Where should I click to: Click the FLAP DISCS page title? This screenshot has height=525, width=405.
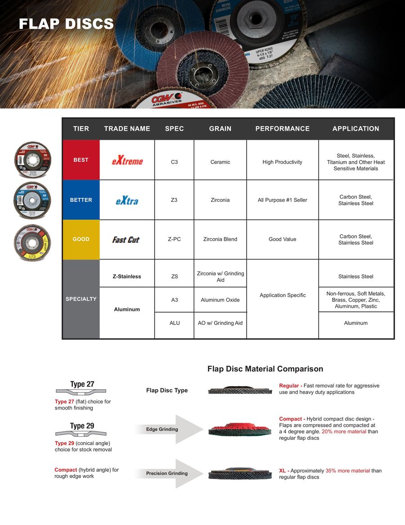click(x=66, y=24)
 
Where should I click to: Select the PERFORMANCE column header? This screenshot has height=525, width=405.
click(x=282, y=128)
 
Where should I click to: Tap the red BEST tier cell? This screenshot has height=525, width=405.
click(x=81, y=160)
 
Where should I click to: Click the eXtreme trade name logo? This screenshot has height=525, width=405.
click(x=127, y=160)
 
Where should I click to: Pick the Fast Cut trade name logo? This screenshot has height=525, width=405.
click(x=126, y=240)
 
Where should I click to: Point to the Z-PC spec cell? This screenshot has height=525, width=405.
click(x=174, y=239)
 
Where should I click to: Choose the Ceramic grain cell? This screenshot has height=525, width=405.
click(x=220, y=162)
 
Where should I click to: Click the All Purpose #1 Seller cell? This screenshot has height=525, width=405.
click(x=282, y=200)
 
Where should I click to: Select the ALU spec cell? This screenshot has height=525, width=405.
click(x=174, y=323)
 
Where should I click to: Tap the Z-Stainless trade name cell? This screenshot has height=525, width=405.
click(x=127, y=276)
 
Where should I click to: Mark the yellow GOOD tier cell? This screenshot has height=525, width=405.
click(x=81, y=239)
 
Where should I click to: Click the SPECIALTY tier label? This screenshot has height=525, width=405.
click(x=81, y=299)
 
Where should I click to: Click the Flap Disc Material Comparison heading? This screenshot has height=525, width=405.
click(x=265, y=369)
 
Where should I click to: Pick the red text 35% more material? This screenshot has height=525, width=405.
click(x=347, y=471)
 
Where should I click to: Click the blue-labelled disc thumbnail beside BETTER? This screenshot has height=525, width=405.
click(x=32, y=200)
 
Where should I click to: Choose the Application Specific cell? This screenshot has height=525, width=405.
click(x=282, y=295)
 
